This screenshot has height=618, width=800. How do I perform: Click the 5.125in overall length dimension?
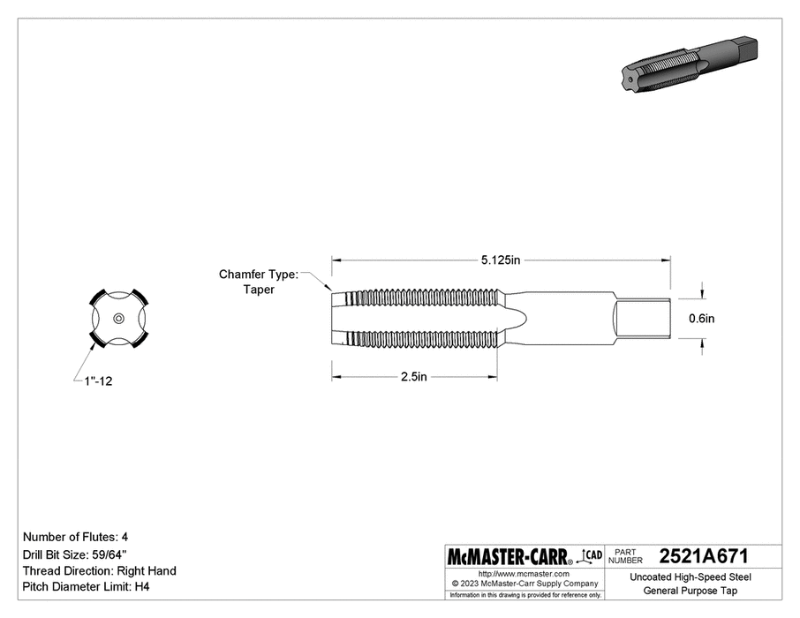point(501,260)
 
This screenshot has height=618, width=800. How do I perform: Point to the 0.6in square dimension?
point(702,318)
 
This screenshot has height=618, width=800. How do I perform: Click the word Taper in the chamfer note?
point(259,290)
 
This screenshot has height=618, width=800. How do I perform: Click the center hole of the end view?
point(118,318)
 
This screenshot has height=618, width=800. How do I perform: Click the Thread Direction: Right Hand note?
point(99,570)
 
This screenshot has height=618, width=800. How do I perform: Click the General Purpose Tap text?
point(691,591)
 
